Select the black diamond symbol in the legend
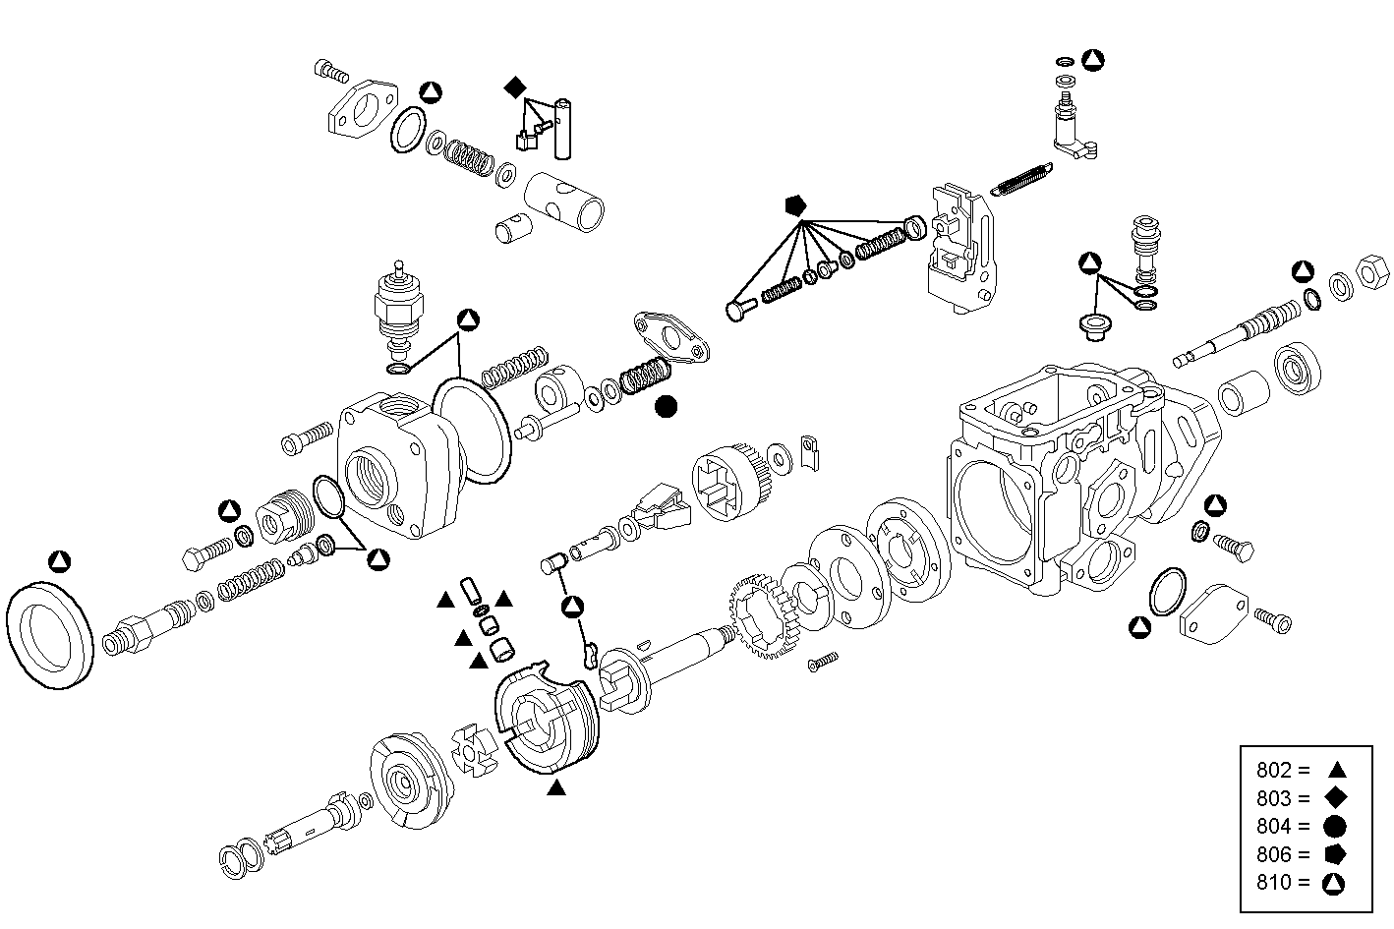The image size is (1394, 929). pos(1334,798)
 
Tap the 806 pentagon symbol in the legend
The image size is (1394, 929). pos(1334,854)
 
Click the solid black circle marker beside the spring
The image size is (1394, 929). pos(667,406)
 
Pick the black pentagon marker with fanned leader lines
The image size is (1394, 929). pos(795,205)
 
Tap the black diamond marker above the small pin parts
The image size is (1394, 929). pos(515,87)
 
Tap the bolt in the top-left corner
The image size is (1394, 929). pos(329,71)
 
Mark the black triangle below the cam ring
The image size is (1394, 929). pos(556,786)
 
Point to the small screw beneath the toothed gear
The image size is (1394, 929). pos(822,663)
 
